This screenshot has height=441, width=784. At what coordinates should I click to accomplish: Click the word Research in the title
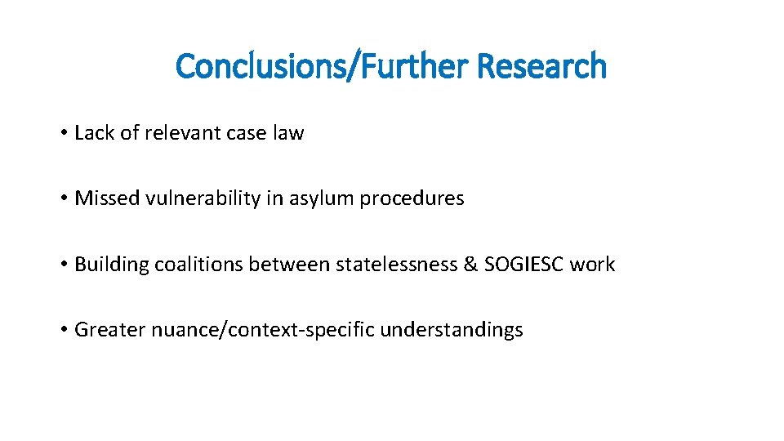tap(541, 66)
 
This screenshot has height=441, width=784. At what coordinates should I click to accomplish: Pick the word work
tap(592, 264)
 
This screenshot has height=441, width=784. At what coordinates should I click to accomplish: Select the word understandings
tap(451, 330)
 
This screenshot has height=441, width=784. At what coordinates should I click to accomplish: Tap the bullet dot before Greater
tap(63, 330)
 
